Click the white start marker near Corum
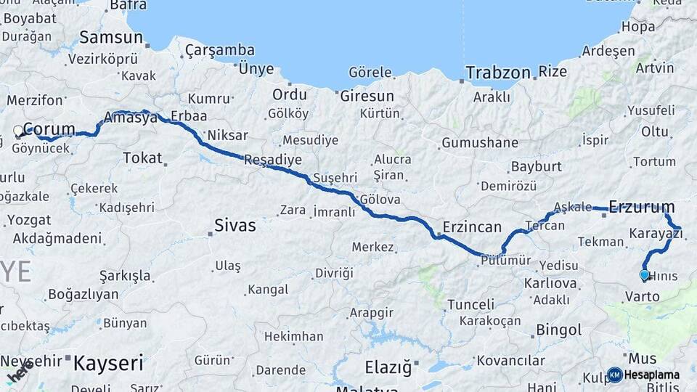click(x=19, y=131)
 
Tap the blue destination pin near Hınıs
click(x=644, y=275)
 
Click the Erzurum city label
click(x=642, y=207)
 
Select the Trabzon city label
click(x=498, y=73)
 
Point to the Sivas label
click(x=235, y=226)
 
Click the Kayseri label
click(x=109, y=361)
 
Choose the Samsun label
click(x=111, y=37)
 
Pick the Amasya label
click(x=131, y=118)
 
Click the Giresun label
click(x=367, y=95)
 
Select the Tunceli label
click(x=470, y=303)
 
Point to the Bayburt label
click(x=537, y=166)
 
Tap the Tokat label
click(x=142, y=158)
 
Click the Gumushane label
click(x=480, y=142)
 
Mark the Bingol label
click(x=558, y=330)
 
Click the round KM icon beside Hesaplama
click(x=614, y=375)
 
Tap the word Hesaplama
click(x=652, y=375)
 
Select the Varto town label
click(x=642, y=296)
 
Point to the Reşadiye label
click(x=273, y=160)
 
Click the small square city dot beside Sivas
click(x=210, y=233)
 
